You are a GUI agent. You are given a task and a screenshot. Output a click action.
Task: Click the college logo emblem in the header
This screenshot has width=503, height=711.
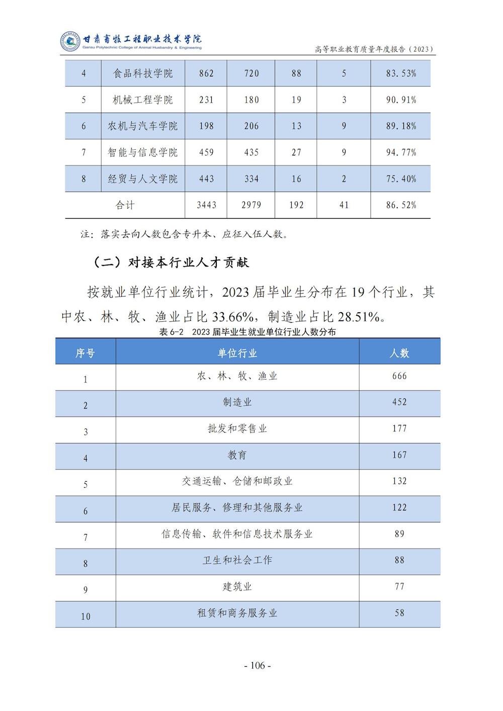(70, 42)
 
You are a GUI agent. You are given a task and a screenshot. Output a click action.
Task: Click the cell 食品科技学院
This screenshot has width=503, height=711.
(143, 73)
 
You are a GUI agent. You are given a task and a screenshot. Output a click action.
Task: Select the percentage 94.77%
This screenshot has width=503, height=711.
(401, 152)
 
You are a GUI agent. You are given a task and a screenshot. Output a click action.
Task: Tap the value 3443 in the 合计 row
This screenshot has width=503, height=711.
(206, 205)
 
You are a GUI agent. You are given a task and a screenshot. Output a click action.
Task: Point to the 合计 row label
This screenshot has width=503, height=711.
(125, 205)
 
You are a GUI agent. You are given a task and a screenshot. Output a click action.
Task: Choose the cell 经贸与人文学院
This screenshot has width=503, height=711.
(143, 179)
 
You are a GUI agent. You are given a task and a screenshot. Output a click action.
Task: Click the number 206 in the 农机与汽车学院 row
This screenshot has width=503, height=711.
(251, 126)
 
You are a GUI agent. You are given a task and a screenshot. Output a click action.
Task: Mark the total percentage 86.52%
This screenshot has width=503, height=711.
(401, 205)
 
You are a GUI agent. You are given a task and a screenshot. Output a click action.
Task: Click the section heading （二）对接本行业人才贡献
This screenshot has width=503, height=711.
(171, 262)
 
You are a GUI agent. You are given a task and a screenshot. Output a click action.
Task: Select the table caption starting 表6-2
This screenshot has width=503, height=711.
(247, 332)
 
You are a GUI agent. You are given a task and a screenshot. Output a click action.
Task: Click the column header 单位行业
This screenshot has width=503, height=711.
(237, 353)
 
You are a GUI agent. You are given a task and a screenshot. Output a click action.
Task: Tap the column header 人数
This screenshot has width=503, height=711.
(399, 353)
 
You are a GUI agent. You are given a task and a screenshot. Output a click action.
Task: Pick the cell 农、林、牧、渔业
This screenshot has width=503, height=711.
(237, 376)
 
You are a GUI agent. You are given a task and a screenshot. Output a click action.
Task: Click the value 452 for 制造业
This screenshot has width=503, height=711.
(399, 402)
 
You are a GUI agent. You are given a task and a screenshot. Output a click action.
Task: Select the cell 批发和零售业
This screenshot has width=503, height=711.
(237, 429)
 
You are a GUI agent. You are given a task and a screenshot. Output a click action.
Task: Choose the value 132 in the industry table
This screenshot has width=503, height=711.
(399, 481)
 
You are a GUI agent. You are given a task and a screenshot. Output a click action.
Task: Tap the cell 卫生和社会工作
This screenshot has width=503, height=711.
(237, 560)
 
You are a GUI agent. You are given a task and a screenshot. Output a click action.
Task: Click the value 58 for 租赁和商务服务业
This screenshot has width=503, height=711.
(399, 613)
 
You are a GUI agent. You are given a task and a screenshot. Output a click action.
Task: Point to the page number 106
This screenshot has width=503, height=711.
(257, 666)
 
